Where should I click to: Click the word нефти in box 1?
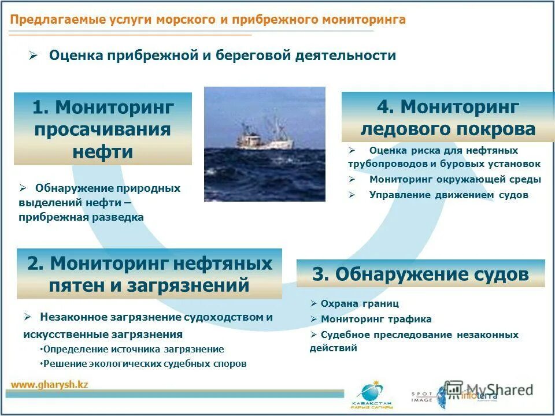(103, 152)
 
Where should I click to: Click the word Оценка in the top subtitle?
(72, 55)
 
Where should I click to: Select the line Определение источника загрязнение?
(134, 349)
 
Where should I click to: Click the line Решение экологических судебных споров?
(145, 363)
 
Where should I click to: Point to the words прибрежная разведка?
(81, 217)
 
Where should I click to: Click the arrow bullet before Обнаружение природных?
(23, 188)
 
